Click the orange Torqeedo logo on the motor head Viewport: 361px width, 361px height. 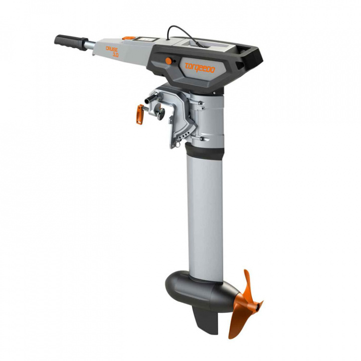tap(200, 68)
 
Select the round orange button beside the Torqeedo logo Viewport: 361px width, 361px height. tap(168, 61)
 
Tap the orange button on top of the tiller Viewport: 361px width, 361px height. tap(129, 38)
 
